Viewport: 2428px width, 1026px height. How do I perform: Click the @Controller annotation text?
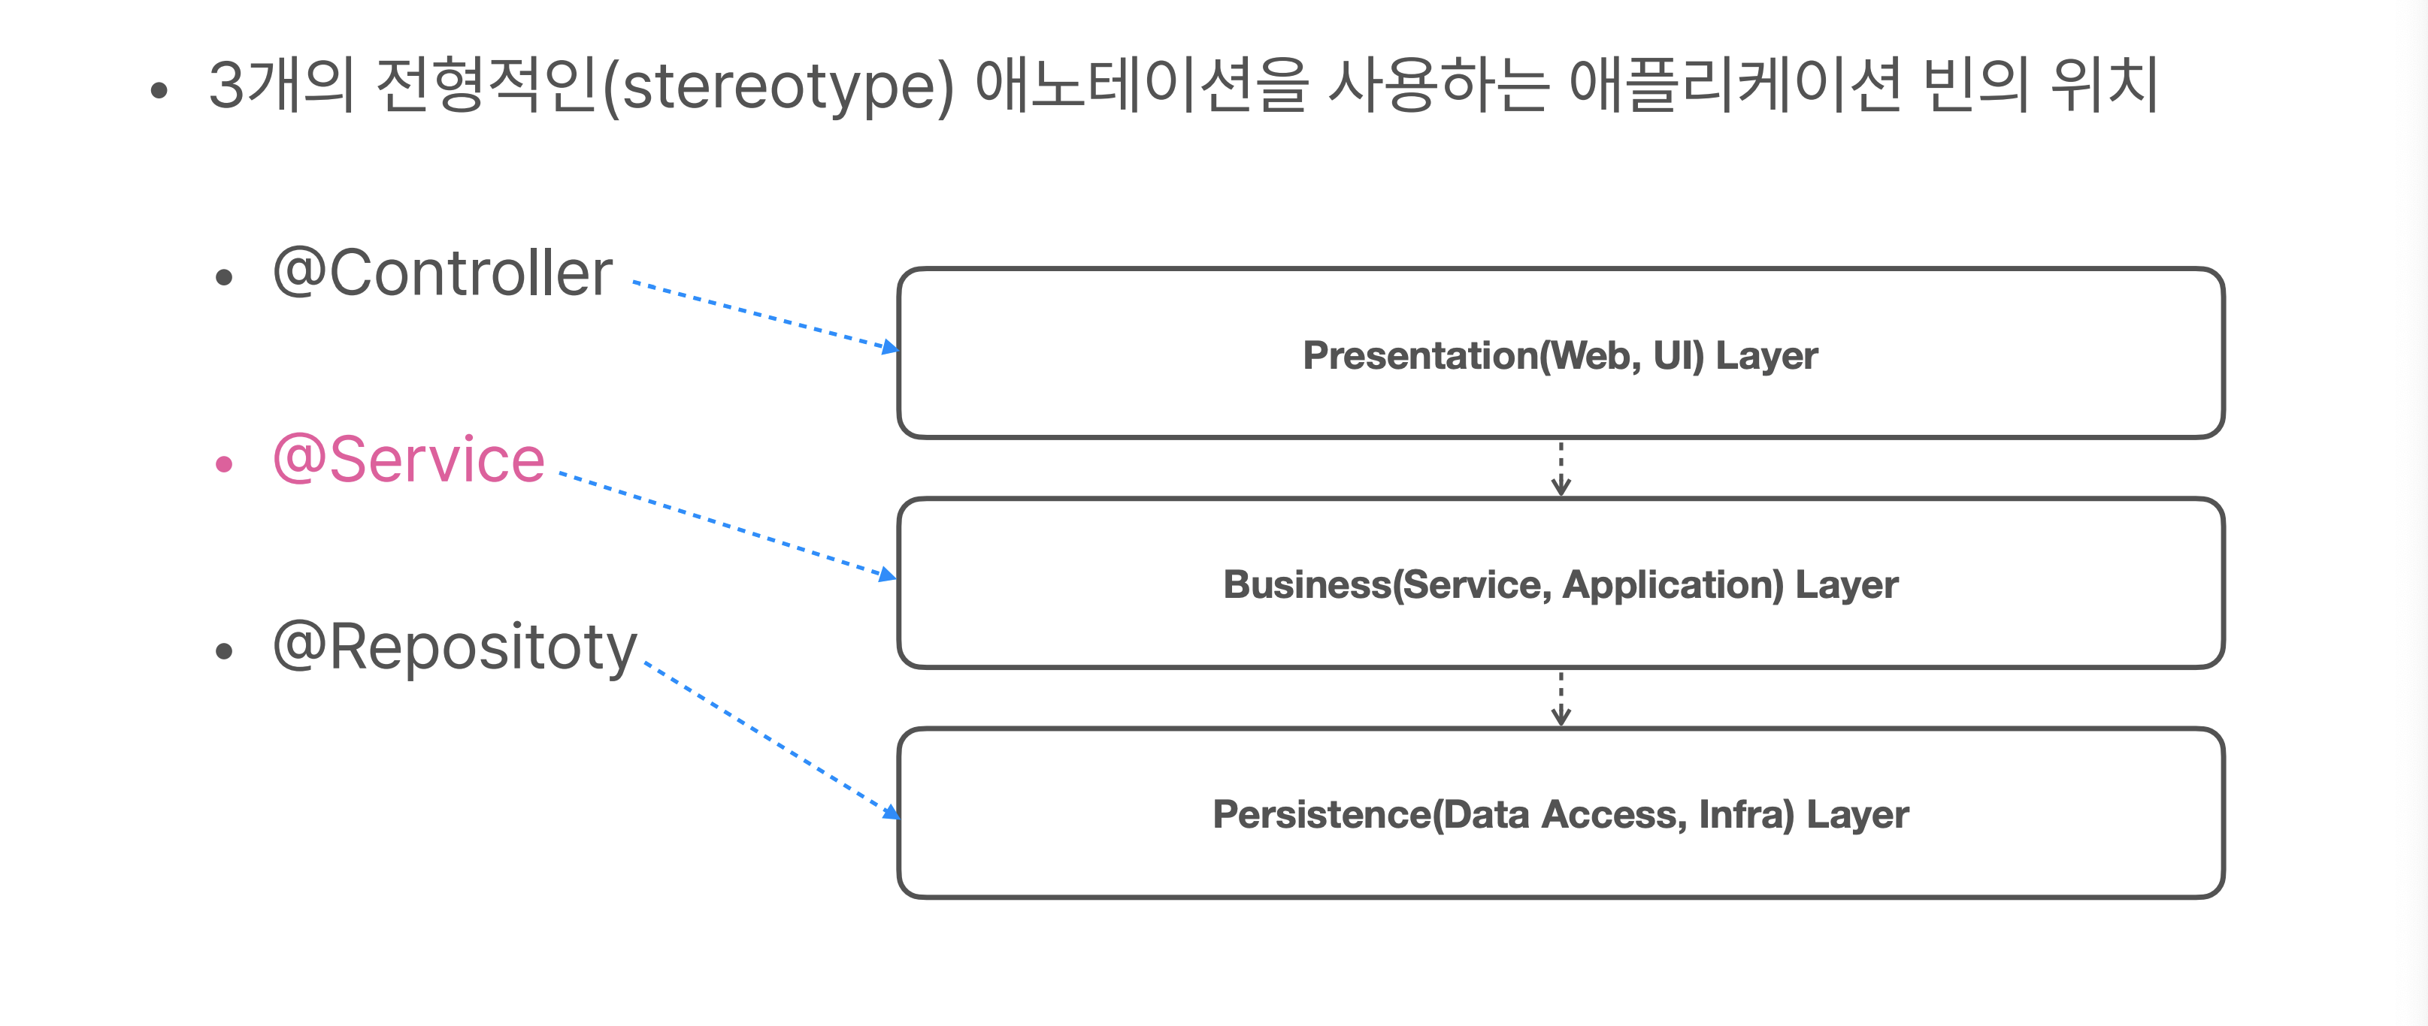443,273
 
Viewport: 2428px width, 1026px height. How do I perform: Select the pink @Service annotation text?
409,460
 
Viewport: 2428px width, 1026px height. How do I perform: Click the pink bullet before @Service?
223,463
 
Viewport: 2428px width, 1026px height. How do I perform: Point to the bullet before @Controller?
223,277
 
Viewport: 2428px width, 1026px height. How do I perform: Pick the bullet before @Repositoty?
223,651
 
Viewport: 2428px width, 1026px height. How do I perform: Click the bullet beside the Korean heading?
159,90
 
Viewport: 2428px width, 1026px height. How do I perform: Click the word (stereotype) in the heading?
779,86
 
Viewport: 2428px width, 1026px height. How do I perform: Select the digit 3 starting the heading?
226,85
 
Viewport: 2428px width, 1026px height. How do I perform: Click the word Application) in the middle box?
1673,585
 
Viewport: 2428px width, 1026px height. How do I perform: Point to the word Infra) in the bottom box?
1746,815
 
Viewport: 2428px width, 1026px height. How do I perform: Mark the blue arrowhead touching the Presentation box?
889,348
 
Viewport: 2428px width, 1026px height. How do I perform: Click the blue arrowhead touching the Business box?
886,574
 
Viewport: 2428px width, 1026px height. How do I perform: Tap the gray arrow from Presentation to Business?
1561,468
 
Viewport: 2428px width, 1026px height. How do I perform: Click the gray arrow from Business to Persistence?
1561,698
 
